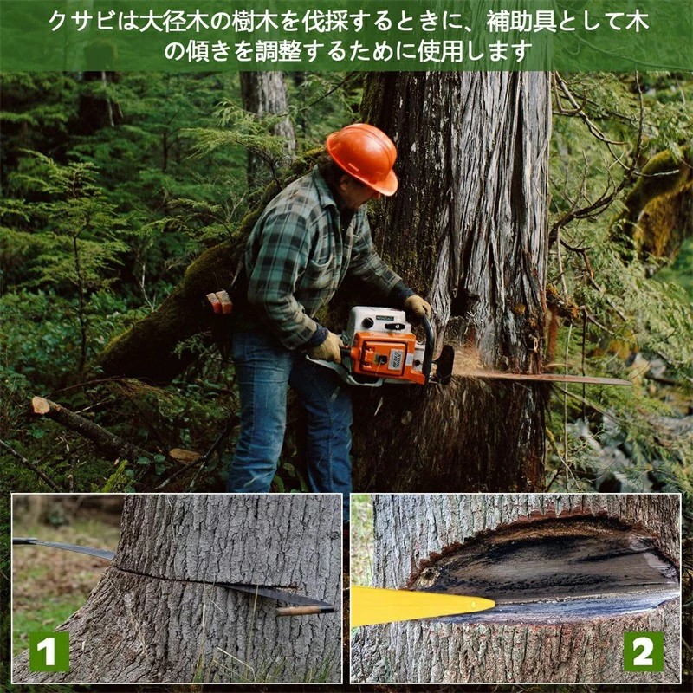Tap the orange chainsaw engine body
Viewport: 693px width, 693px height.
(x=384, y=357)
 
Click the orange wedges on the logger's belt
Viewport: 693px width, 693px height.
(x=219, y=301)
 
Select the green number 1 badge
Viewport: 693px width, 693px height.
(x=49, y=651)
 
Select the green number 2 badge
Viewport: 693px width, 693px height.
(x=643, y=651)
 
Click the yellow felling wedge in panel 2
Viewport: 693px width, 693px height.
(x=422, y=606)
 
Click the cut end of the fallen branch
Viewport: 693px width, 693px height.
(x=41, y=405)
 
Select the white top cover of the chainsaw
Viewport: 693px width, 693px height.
(x=377, y=319)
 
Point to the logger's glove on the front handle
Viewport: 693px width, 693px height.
(x=418, y=306)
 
